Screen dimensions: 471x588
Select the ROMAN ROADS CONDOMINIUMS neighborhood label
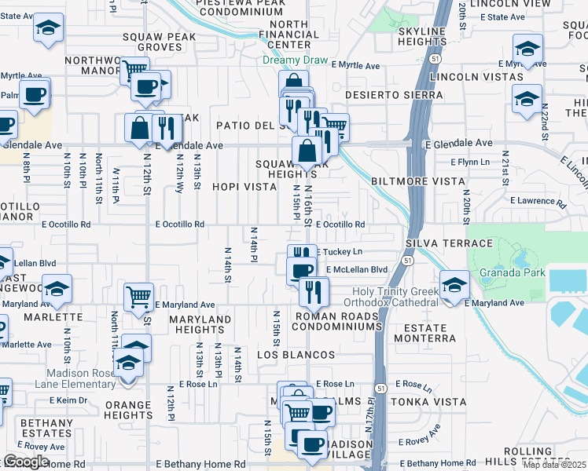[x=338, y=320]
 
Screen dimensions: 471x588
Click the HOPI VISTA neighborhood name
[x=244, y=187]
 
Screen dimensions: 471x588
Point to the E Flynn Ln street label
[x=470, y=162]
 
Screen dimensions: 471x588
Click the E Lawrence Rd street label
[x=538, y=201]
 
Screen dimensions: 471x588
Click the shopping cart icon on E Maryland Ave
[x=138, y=297]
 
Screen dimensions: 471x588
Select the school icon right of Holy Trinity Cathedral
[x=454, y=286]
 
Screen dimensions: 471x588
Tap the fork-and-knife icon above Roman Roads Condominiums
[x=312, y=291]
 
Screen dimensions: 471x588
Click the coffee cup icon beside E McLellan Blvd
[x=301, y=271]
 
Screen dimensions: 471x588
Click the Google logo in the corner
[x=26, y=462]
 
